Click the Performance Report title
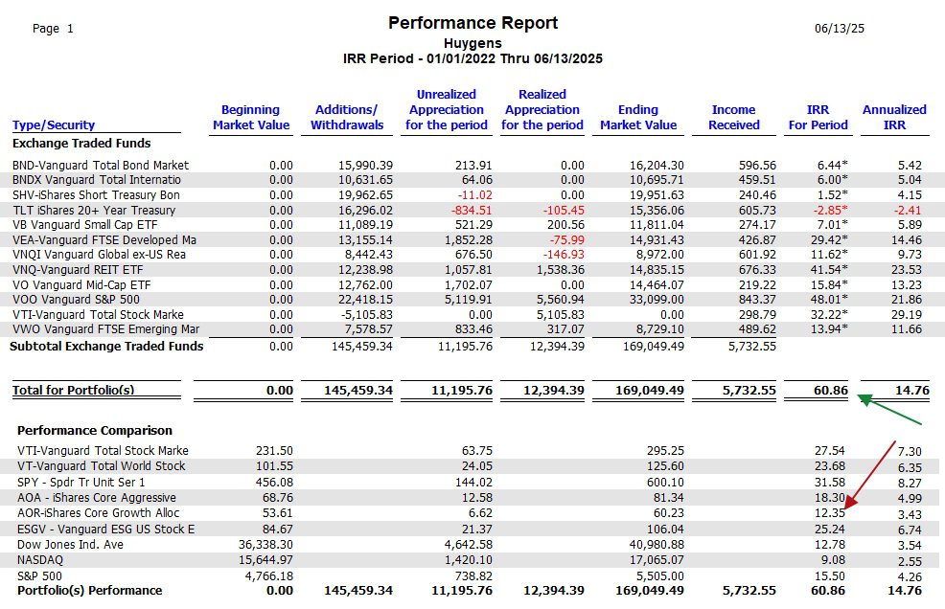(472, 24)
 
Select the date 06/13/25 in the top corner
(839, 29)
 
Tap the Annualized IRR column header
(894, 117)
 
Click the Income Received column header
(733, 117)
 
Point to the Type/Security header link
(54, 125)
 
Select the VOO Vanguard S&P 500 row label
(76, 300)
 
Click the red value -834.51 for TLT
(472, 211)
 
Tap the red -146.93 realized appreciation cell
(564, 254)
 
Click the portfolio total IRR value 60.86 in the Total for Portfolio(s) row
(831, 390)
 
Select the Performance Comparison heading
(95, 430)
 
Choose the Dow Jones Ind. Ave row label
(70, 545)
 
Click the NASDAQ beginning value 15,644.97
(265, 560)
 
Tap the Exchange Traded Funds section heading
(81, 144)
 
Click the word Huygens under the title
(472, 43)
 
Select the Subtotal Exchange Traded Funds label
(106, 347)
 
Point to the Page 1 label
(53, 29)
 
